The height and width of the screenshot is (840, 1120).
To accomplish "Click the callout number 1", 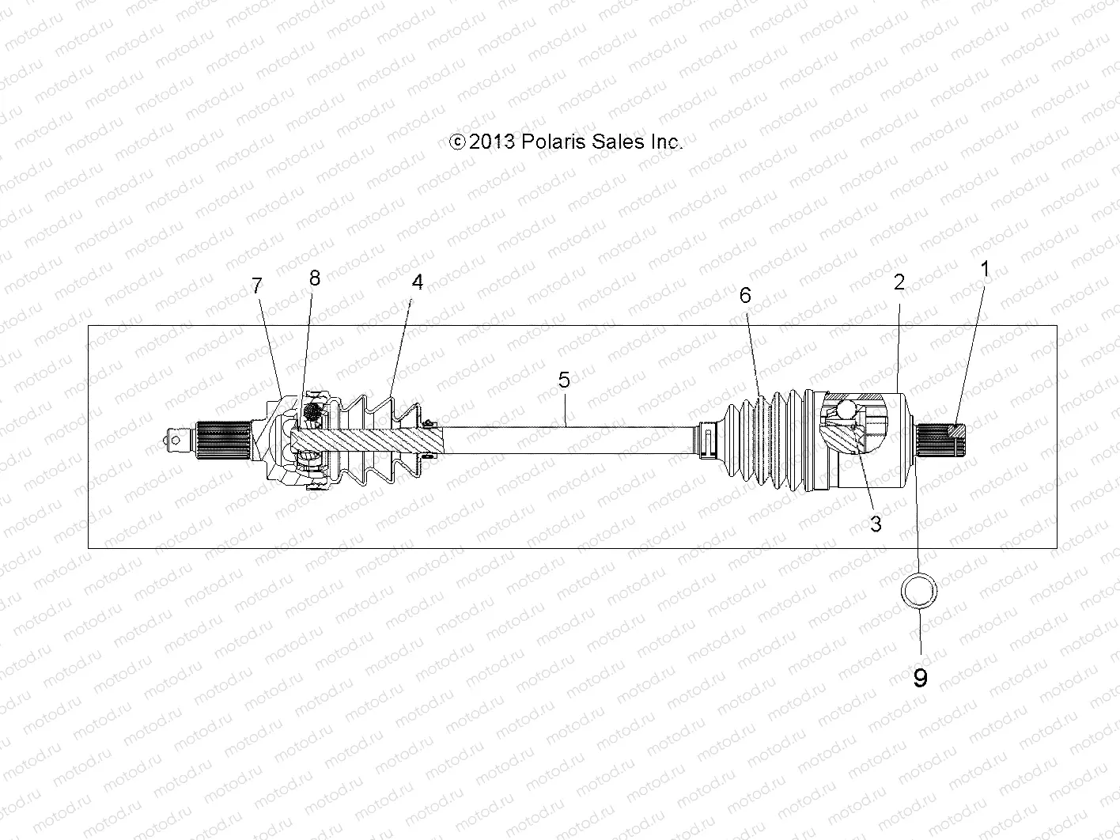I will click(x=985, y=269).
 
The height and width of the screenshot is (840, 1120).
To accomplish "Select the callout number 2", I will click(x=899, y=282).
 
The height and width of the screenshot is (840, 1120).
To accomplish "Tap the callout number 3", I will click(x=876, y=524).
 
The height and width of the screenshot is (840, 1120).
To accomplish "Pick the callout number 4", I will click(x=417, y=282).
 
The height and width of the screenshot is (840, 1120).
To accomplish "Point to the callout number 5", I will click(x=564, y=380).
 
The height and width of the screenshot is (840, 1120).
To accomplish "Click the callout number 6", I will click(x=745, y=295).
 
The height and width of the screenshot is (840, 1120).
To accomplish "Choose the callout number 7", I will click(x=256, y=286).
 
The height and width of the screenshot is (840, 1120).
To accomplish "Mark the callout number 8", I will click(x=315, y=277).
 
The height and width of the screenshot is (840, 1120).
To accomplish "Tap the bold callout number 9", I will click(x=920, y=678).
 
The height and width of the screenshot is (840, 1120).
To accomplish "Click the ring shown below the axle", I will click(x=919, y=590).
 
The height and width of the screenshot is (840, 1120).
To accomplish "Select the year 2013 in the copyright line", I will click(x=492, y=142).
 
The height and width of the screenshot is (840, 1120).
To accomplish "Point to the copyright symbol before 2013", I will click(x=456, y=142).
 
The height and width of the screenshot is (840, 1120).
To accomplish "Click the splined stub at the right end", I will click(x=941, y=440).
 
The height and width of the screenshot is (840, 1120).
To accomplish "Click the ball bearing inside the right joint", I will click(x=843, y=411).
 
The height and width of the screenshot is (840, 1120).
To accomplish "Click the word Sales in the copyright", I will click(x=615, y=142).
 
